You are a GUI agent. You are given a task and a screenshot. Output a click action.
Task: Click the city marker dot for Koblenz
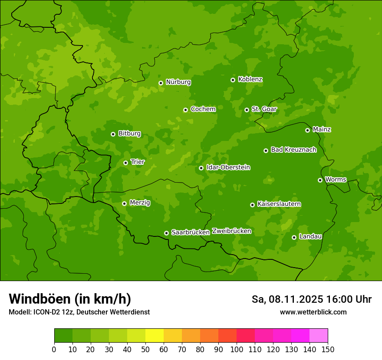233,80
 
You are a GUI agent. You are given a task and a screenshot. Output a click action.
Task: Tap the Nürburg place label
178,82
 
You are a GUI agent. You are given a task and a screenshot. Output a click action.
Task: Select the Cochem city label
203,109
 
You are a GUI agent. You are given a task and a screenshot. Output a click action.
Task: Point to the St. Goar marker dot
247,110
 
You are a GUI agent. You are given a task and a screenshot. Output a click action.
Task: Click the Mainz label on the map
322,129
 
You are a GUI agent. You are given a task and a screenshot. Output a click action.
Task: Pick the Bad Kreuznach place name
293,150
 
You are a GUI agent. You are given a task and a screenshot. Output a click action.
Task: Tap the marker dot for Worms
320,180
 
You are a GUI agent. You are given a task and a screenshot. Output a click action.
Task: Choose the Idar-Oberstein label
228,167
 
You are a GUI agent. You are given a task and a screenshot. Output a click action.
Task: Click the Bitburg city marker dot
113,134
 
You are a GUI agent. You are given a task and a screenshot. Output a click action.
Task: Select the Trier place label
138,162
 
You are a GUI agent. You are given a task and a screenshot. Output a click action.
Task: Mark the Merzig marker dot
125,203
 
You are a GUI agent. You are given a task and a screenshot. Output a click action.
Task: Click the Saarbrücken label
191,232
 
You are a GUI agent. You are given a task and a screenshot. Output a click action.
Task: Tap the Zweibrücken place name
231,231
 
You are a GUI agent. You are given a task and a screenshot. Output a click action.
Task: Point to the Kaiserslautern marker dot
253,205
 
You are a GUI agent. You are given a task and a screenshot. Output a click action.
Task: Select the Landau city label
310,236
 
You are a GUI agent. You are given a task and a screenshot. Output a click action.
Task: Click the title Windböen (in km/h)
70,299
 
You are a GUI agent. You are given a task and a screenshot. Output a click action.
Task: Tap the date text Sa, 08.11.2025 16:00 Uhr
311,299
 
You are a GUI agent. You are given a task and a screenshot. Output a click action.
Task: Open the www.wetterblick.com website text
313,312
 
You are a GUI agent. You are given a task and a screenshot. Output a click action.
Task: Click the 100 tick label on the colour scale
237,349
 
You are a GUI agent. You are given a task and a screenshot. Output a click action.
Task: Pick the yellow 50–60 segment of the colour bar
155,336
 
